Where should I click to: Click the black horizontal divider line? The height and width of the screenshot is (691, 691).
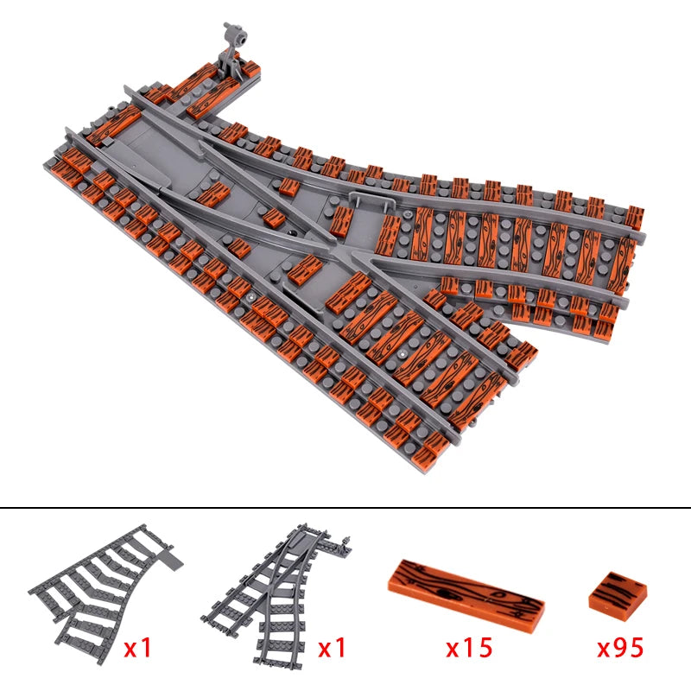coord(345,508)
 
